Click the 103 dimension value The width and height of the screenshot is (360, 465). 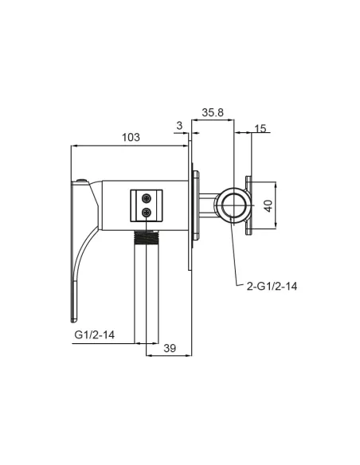[x=131, y=137]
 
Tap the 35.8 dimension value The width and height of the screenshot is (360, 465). [x=213, y=113]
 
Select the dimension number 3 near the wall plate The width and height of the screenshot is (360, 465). [x=179, y=126]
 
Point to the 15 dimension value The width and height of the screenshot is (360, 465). [x=260, y=128]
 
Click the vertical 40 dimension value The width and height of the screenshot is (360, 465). [x=268, y=205]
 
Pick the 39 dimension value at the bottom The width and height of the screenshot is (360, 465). [x=170, y=348]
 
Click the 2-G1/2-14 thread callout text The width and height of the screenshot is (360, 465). [x=272, y=286]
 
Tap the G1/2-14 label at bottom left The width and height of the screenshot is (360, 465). [x=94, y=334]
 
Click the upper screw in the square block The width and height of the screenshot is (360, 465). [x=147, y=197]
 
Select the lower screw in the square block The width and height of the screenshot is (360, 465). [x=147, y=212]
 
